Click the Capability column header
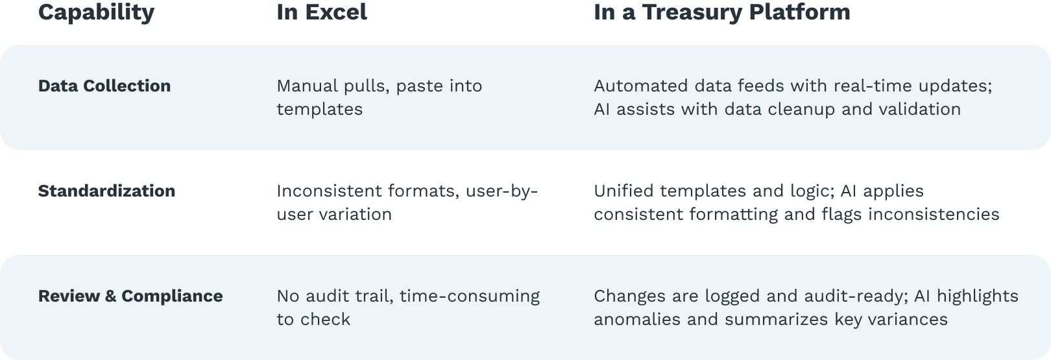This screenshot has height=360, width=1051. tap(96, 13)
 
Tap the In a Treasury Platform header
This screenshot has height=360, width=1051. tap(722, 13)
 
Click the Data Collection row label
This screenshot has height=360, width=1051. tap(104, 86)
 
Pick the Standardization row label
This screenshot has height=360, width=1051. tap(106, 191)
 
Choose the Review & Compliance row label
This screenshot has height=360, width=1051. tap(130, 296)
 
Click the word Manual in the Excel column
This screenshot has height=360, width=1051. tap(308, 86)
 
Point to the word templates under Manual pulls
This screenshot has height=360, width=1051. tap(320, 110)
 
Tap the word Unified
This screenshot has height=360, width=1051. tap(623, 191)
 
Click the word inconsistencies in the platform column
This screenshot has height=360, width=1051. tap(934, 215)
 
